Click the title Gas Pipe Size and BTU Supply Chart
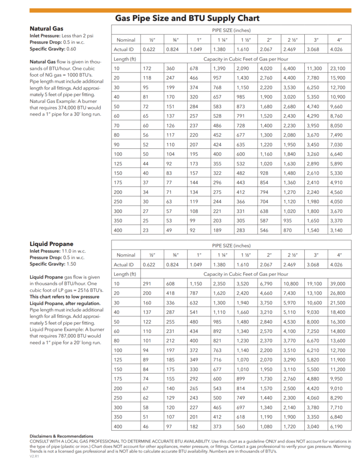(x=187, y=18)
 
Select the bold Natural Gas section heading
(x=46, y=29)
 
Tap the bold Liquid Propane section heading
(x=52, y=244)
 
